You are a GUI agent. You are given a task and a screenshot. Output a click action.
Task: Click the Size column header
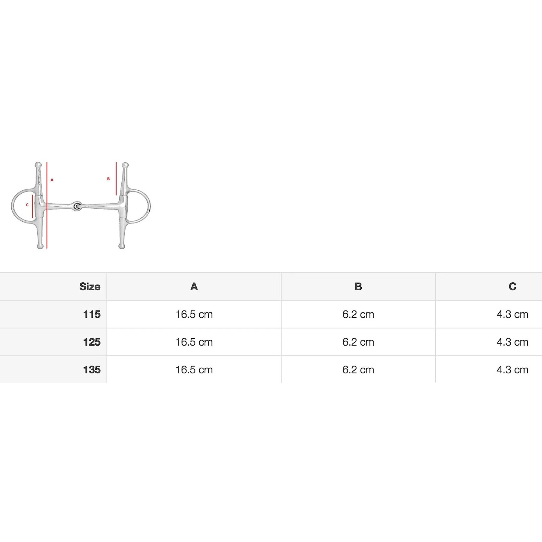click(89, 286)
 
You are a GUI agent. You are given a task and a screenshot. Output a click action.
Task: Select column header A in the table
click(194, 286)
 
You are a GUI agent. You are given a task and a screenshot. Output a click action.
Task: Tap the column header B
click(358, 286)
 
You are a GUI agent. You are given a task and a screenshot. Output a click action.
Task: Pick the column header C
click(512, 286)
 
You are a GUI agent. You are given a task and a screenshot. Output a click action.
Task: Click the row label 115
click(92, 314)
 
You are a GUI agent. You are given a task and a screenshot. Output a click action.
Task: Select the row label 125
click(92, 342)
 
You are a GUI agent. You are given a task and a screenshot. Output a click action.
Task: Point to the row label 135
click(92, 370)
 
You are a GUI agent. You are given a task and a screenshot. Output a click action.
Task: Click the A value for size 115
click(194, 314)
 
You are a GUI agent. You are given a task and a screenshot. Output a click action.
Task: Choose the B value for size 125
click(358, 342)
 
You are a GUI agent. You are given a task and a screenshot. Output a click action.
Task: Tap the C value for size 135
click(512, 370)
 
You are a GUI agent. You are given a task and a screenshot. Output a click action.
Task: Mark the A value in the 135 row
click(194, 370)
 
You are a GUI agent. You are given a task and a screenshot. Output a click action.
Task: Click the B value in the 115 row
click(358, 314)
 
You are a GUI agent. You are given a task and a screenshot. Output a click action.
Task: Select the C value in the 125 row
click(512, 342)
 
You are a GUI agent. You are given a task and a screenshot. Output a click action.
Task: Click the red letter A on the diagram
click(52, 180)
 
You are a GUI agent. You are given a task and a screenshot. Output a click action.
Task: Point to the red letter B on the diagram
click(108, 179)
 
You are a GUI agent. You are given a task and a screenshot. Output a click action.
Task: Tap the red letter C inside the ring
click(27, 205)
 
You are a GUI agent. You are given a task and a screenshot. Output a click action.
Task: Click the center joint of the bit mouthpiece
click(77, 206)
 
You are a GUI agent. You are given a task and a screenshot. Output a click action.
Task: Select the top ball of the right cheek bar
click(125, 165)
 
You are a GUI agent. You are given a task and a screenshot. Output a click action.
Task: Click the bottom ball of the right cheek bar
click(121, 246)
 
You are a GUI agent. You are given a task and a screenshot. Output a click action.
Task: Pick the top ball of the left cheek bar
click(38, 165)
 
